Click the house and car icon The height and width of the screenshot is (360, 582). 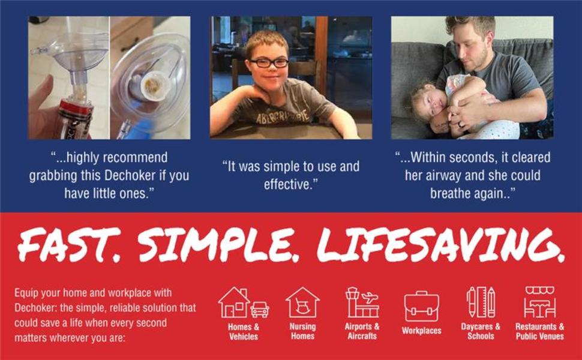pyautogui.click(x=244, y=302)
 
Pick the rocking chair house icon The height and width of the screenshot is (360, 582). pyautogui.click(x=302, y=302)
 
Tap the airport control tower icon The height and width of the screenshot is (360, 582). pyautogui.click(x=362, y=302)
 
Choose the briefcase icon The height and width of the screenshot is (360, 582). pyautogui.click(x=421, y=306)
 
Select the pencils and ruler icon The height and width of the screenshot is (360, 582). pyautogui.click(x=481, y=301)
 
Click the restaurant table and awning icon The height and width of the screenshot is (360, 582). pyautogui.click(x=539, y=302)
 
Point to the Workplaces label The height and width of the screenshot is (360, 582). pyautogui.click(x=421, y=331)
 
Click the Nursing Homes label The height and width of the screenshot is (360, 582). pyautogui.click(x=302, y=331)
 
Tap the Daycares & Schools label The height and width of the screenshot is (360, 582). pyautogui.click(x=481, y=331)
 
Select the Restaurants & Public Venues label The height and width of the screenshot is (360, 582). pyautogui.click(x=539, y=331)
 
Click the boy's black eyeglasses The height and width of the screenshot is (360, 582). pyautogui.click(x=269, y=63)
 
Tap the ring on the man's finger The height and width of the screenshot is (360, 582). pyautogui.click(x=460, y=125)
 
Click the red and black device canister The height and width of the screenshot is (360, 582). pyautogui.click(x=76, y=119)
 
